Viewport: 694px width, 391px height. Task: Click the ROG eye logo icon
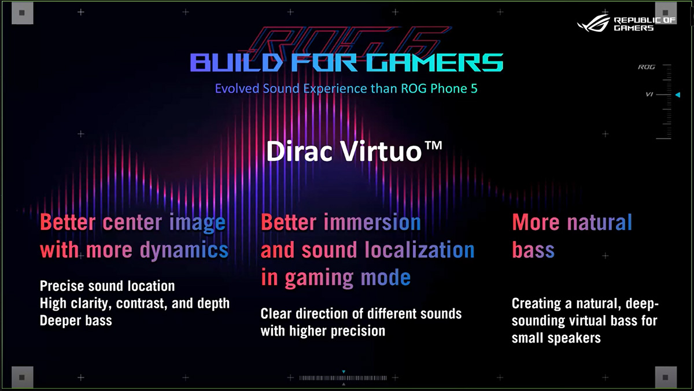coord(593,23)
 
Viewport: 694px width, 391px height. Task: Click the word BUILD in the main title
coord(236,62)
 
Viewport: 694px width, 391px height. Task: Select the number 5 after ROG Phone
coord(474,88)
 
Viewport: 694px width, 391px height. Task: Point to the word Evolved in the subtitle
coord(237,88)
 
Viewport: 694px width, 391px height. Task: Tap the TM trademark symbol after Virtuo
coord(433,146)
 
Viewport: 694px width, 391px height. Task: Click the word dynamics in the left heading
coord(184,250)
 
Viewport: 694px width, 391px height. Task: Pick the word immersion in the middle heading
coord(372,222)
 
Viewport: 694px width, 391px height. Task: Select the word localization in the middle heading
coord(419,250)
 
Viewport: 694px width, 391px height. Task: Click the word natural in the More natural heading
coord(600,222)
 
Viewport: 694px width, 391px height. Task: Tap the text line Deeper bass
coord(76,320)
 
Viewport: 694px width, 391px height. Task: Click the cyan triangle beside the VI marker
coord(678,95)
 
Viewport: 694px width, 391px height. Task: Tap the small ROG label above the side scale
coord(647,67)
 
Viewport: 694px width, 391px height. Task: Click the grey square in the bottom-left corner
coord(23,377)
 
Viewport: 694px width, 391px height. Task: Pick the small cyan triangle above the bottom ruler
coord(344,372)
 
